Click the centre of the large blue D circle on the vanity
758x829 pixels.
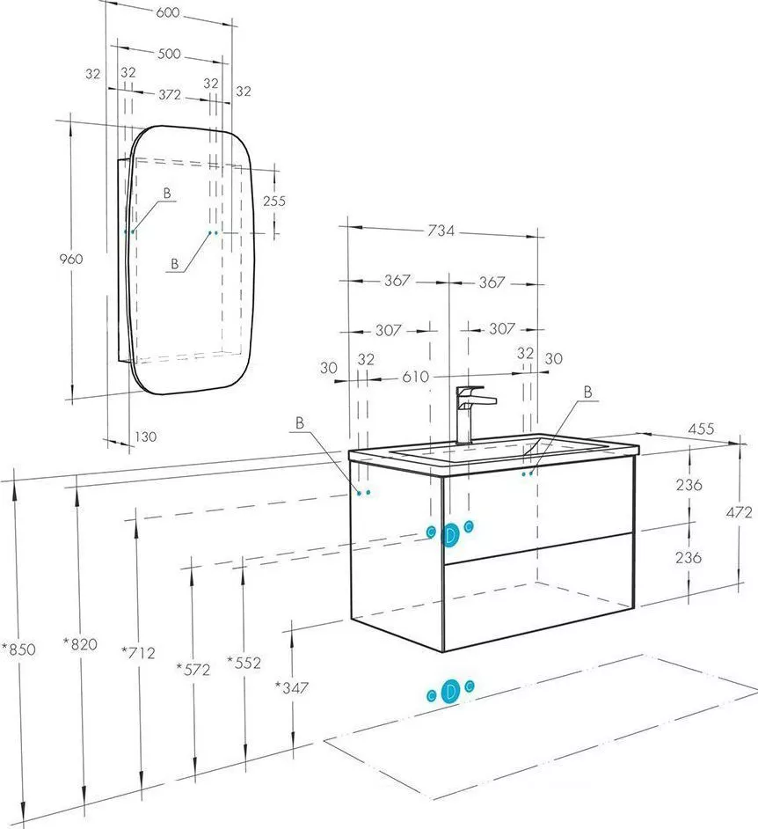coord(450,535)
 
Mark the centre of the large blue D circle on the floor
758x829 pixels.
coord(450,692)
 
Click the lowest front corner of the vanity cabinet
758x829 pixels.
coord(442,652)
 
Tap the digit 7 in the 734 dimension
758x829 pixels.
coord(432,231)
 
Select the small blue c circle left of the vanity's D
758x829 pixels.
coord(431,532)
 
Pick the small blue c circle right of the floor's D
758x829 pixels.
coord(470,686)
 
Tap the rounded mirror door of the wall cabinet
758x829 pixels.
coord(192,260)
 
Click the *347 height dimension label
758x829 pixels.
coord(291,687)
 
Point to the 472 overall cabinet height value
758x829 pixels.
coord(739,512)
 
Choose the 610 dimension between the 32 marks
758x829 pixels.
coord(416,377)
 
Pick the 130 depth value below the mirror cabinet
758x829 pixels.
coord(145,437)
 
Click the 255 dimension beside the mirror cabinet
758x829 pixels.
coord(274,201)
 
